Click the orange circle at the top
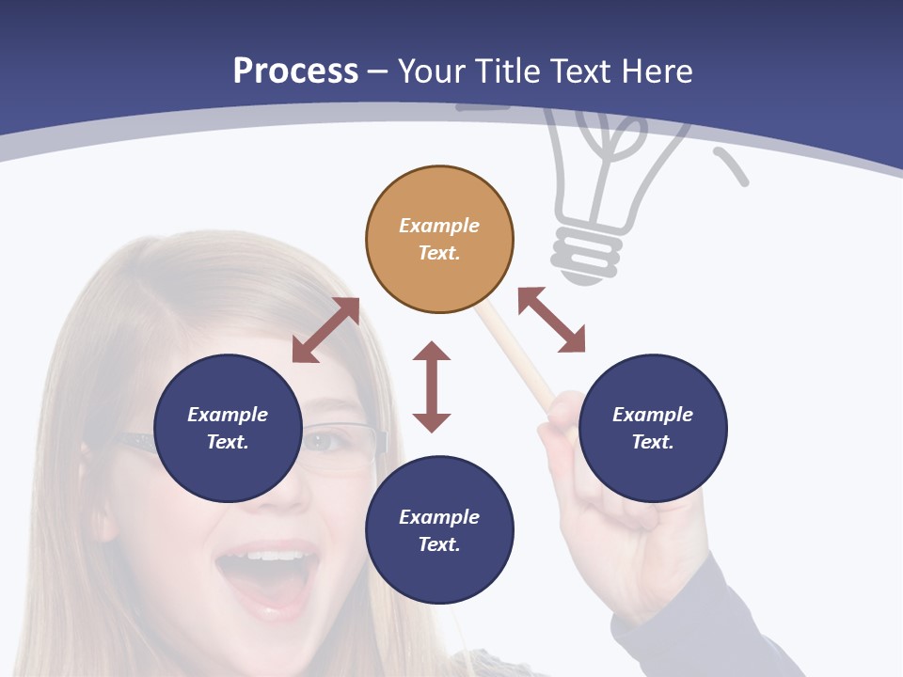click(439, 239)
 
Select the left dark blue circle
click(228, 428)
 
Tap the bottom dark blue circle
click(439, 530)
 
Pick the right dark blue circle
click(653, 428)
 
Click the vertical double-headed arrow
click(432, 386)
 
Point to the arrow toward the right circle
click(551, 321)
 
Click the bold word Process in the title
click(295, 71)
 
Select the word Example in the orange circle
click(439, 226)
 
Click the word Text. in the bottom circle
click(439, 544)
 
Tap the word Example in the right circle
click(653, 415)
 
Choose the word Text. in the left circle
click(228, 442)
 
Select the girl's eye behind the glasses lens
click(325, 441)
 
